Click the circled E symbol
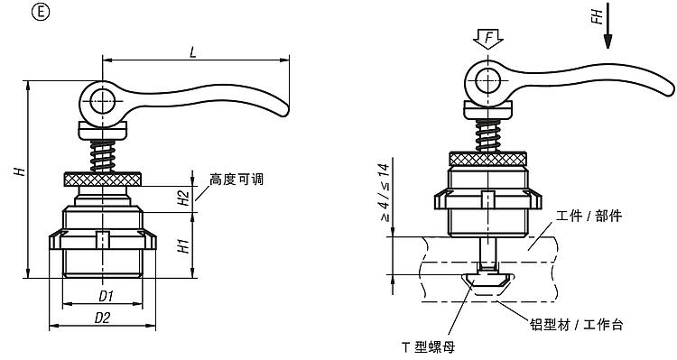click(41, 12)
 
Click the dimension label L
click(192, 52)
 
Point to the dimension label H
click(20, 171)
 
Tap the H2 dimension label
click(184, 198)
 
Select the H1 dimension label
click(184, 245)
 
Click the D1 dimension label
click(106, 296)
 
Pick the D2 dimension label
click(102, 318)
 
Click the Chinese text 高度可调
click(236, 180)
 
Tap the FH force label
click(598, 17)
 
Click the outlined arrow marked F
click(487, 39)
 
